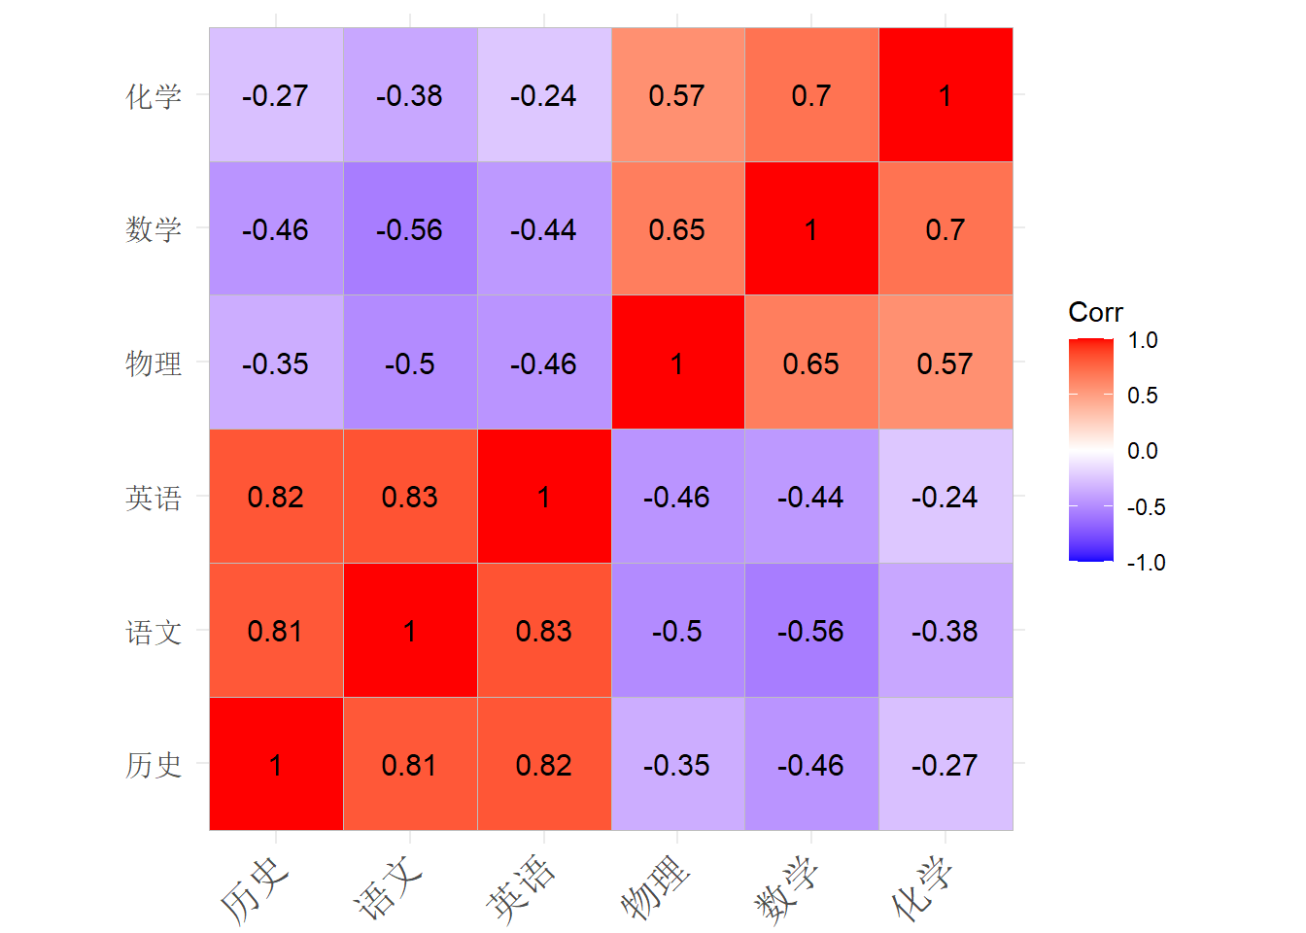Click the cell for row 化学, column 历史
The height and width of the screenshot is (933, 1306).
[276, 94]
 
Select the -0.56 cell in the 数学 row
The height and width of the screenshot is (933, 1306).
[410, 228]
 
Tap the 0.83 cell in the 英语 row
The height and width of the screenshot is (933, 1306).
[410, 497]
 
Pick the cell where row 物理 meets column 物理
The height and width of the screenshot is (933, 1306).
[678, 363]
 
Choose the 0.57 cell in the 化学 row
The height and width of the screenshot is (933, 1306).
[678, 94]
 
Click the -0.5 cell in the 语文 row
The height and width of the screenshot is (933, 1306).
[678, 631]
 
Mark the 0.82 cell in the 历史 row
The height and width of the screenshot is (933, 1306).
[544, 764]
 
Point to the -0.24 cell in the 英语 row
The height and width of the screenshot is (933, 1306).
[945, 497]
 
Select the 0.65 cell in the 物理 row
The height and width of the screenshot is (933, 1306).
[812, 363]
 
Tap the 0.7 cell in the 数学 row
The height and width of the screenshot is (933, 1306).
[945, 228]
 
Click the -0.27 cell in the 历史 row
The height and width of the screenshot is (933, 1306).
[945, 764]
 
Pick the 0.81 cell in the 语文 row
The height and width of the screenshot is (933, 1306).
[276, 631]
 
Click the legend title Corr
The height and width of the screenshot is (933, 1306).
[1095, 313]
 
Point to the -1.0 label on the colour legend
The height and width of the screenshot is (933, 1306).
[1147, 563]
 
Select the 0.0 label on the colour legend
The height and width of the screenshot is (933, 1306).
[1143, 451]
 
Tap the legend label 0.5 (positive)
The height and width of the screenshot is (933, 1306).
[1143, 396]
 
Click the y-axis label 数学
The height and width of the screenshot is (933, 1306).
[154, 229]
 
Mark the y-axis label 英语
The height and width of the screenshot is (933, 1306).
[154, 499]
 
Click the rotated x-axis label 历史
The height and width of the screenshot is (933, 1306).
[255, 891]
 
